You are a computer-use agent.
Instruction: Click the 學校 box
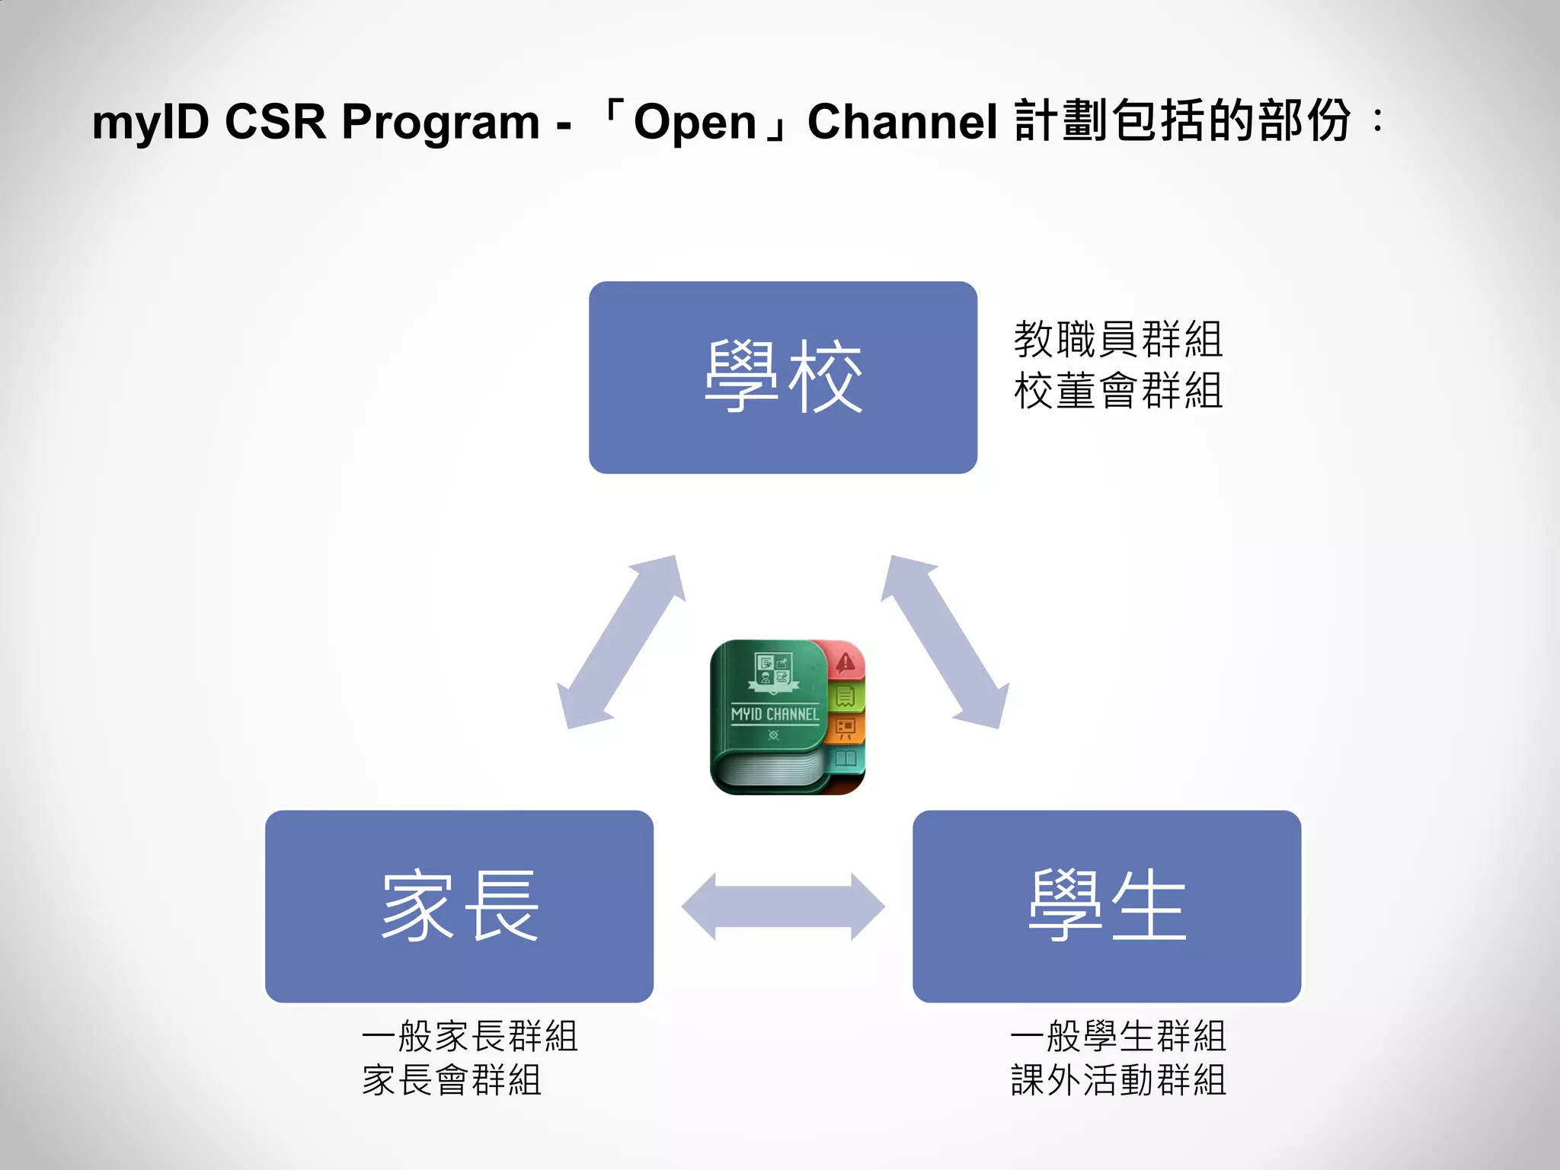(782, 377)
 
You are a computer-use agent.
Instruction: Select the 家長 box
(459, 906)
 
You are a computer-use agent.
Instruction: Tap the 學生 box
(1106, 906)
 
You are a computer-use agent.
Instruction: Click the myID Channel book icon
(787, 717)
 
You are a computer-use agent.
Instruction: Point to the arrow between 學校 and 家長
(621, 641)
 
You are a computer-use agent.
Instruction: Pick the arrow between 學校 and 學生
(945, 641)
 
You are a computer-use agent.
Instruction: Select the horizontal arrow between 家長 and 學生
(783, 906)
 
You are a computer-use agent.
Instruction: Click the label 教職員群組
(1117, 340)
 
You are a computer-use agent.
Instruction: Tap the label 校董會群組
(1117, 391)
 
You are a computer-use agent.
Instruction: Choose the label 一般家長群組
(470, 1037)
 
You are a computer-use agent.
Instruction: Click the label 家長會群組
(452, 1081)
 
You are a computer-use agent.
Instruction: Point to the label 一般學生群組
(1117, 1037)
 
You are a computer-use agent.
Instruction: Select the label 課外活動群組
(1117, 1081)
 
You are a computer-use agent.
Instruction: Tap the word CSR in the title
(275, 122)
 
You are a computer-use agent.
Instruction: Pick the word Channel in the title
(902, 122)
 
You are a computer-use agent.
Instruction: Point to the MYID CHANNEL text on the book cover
(775, 714)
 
